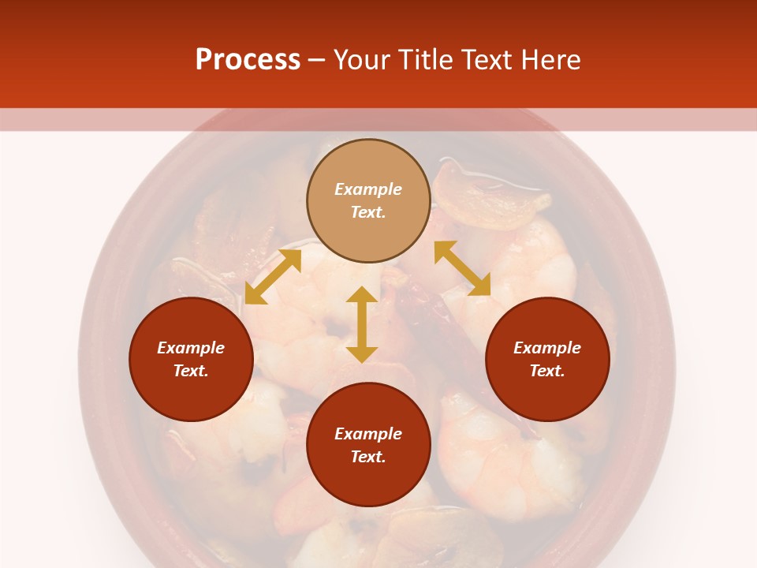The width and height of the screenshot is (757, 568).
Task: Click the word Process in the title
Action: point(248,60)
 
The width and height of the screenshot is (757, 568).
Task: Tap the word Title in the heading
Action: point(423,60)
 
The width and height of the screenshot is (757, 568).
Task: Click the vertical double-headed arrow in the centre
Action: point(362,324)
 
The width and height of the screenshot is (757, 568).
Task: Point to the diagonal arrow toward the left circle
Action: point(273,276)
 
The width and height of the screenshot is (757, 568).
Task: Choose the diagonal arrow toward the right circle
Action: point(462,268)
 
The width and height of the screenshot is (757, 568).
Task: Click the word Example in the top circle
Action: point(368,189)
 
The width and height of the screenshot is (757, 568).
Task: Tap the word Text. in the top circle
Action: point(368,212)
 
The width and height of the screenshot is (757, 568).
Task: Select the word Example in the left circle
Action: point(191,348)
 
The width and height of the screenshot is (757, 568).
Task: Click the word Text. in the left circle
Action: point(191,371)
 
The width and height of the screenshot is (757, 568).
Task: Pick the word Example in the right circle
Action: point(547,348)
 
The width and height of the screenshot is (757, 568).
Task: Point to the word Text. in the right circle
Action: point(547,371)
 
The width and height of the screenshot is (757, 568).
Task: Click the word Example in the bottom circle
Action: point(368,434)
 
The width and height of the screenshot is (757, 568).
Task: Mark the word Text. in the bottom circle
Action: point(368,457)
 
